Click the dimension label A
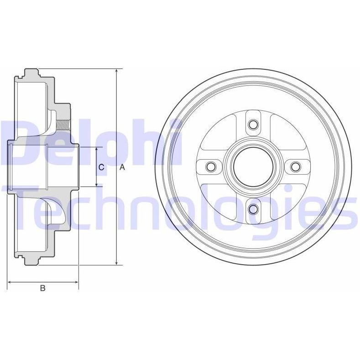[122, 167]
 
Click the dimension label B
[42, 288]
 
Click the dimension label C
[101, 167]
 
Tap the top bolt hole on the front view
[253, 125]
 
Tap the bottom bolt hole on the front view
[253, 209]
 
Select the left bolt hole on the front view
[211, 167]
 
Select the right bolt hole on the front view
[295, 167]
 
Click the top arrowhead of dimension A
[117, 71]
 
